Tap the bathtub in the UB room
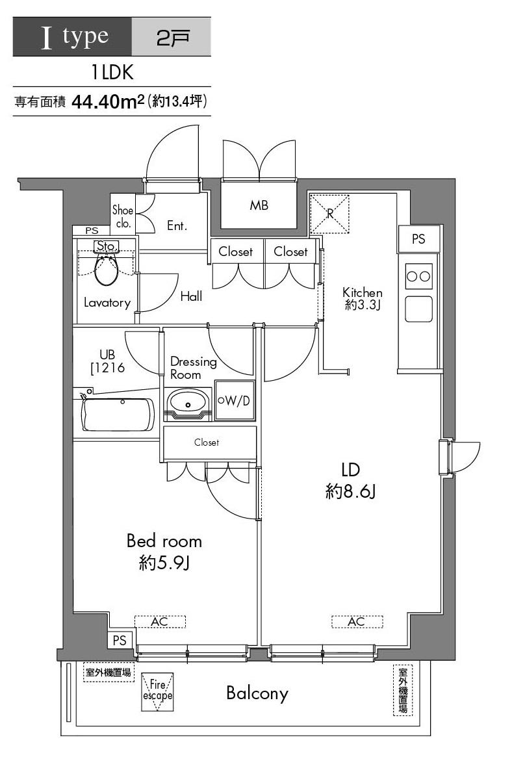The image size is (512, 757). pyautogui.click(x=119, y=415)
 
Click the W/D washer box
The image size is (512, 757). pyautogui.click(x=235, y=400)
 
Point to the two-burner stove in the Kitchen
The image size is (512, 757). pyautogui.click(x=418, y=277)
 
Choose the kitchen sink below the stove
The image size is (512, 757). pyautogui.click(x=418, y=309)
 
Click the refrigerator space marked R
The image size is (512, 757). pyautogui.click(x=329, y=214)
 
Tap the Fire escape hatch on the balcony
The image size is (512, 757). pyautogui.click(x=157, y=691)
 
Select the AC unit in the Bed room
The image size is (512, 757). pyautogui.click(x=160, y=621)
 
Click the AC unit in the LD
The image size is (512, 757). pyautogui.click(x=357, y=621)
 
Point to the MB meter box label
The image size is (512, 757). pyautogui.click(x=259, y=205)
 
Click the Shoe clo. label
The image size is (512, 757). pyautogui.click(x=123, y=216)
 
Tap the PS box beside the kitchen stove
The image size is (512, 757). pyautogui.click(x=419, y=238)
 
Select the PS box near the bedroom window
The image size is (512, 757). pyautogui.click(x=119, y=641)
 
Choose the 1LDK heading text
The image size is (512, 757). pyautogui.click(x=112, y=72)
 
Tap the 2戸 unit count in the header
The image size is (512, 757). pyautogui.click(x=173, y=38)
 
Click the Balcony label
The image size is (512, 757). pyautogui.click(x=257, y=693)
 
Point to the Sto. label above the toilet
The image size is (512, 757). pyautogui.click(x=107, y=246)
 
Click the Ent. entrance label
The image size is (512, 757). pyautogui.click(x=177, y=225)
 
